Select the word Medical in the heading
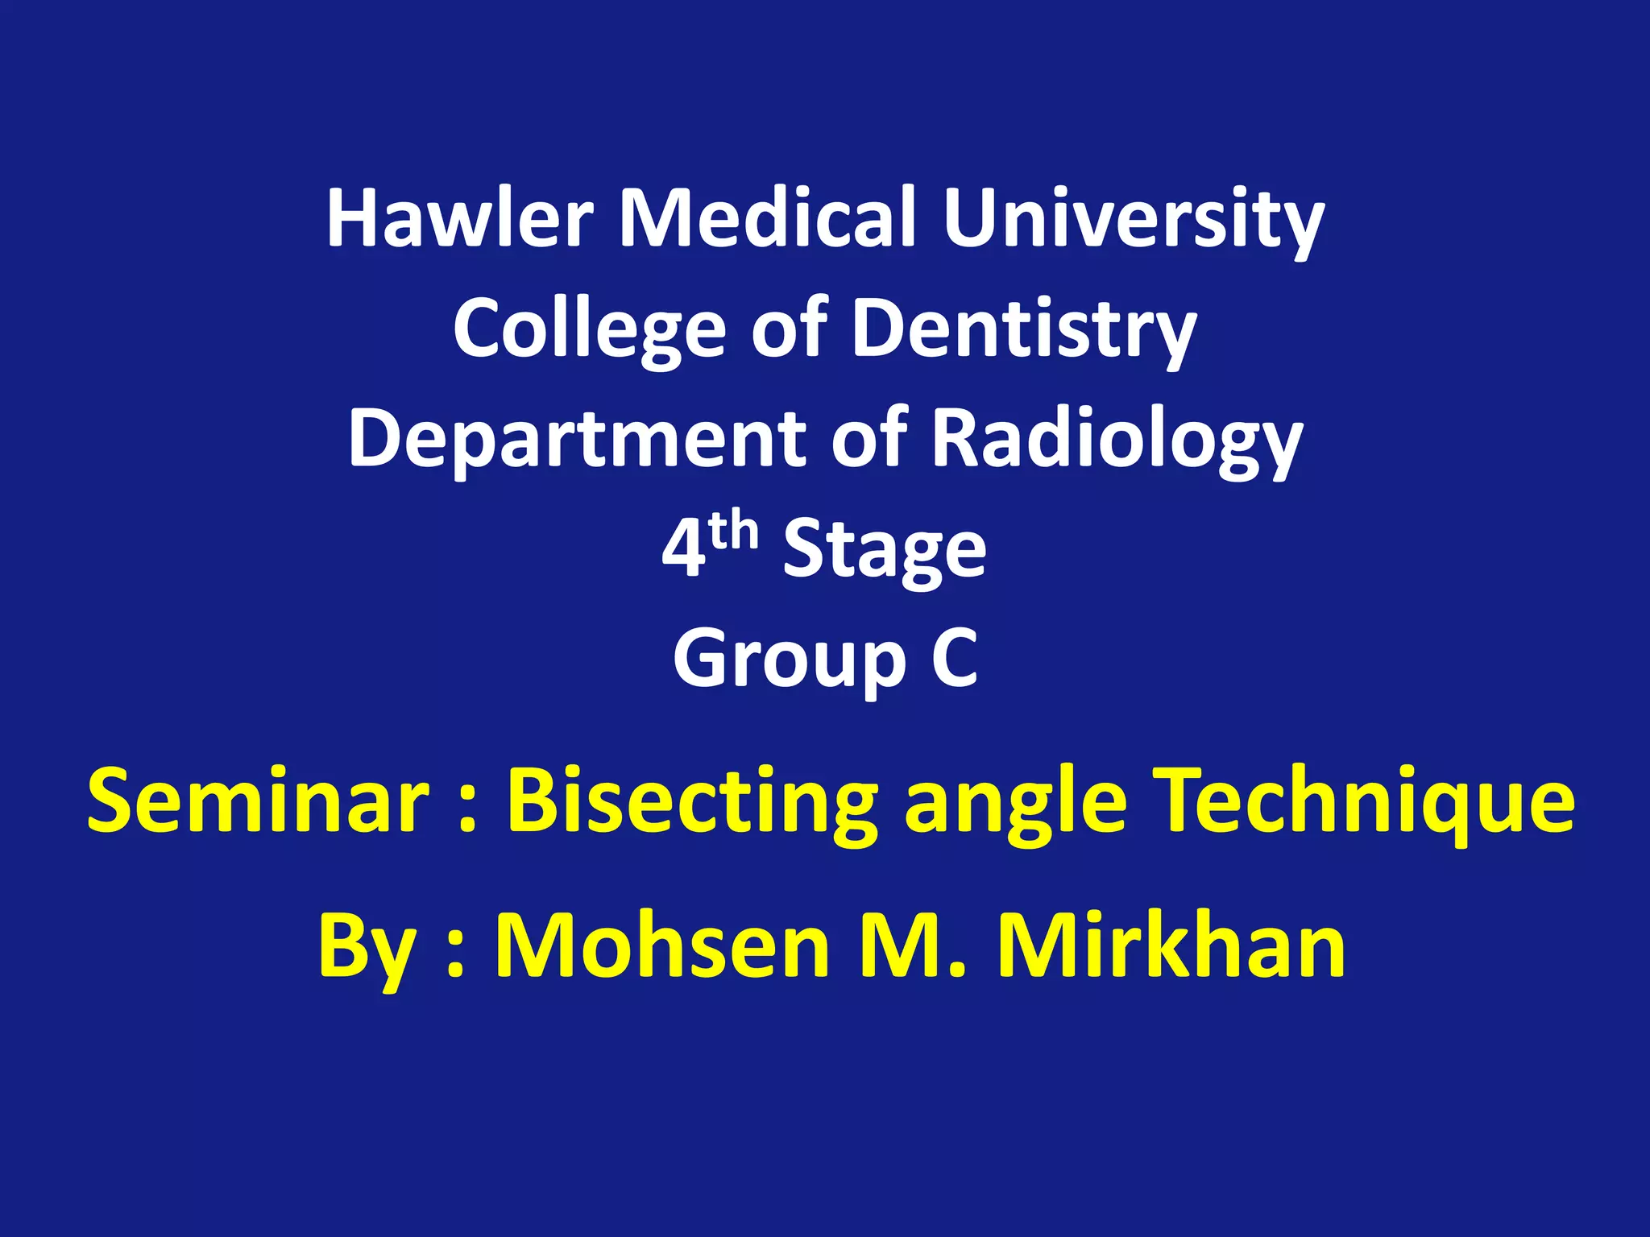[x=767, y=217]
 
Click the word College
[x=589, y=329]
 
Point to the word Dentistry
[x=1024, y=329]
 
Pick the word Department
[x=577, y=439]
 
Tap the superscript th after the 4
[x=734, y=532]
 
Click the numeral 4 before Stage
[x=682, y=549]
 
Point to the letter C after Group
[x=955, y=659]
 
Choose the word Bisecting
[x=692, y=801]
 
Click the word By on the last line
[x=366, y=947]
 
